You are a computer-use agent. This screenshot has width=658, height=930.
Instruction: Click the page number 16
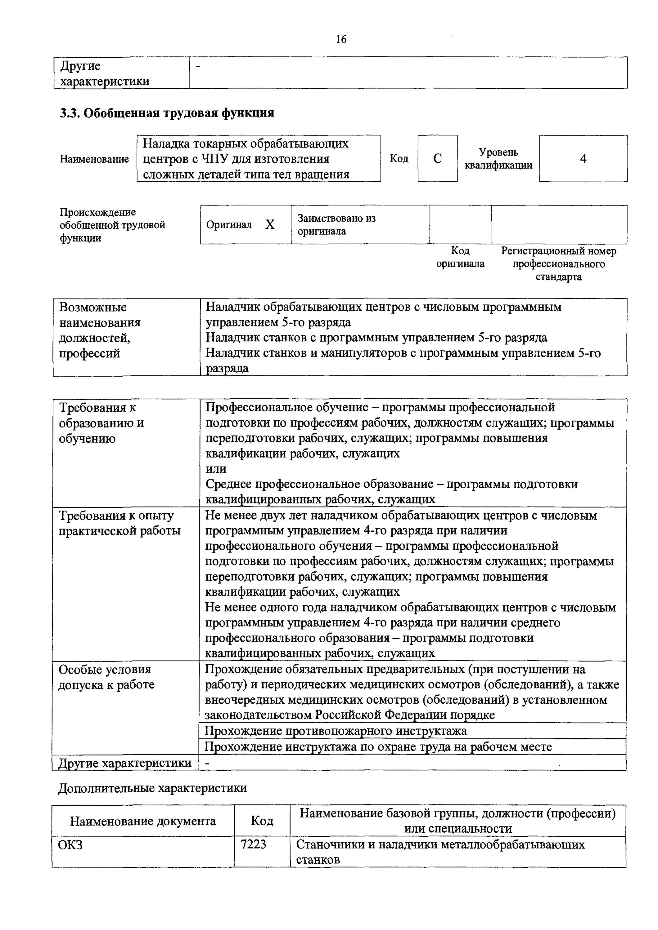tap(341, 39)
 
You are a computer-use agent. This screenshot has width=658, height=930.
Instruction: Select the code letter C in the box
tap(437, 159)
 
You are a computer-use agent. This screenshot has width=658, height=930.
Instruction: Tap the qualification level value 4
tap(583, 159)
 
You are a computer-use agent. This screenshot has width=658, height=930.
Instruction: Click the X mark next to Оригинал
tap(270, 225)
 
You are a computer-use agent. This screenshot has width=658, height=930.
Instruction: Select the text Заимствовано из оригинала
tap(336, 225)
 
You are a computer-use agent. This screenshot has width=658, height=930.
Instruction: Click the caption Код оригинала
tap(460, 257)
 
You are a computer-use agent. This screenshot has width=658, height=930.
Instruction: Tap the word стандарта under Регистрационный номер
tap(559, 277)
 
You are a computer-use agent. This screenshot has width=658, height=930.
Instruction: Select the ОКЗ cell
tap(70, 844)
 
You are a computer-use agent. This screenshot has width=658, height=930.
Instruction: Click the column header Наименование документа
tap(143, 821)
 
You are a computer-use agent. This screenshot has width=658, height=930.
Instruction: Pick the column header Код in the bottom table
tap(262, 821)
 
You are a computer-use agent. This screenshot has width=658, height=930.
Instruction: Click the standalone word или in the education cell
tap(216, 469)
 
